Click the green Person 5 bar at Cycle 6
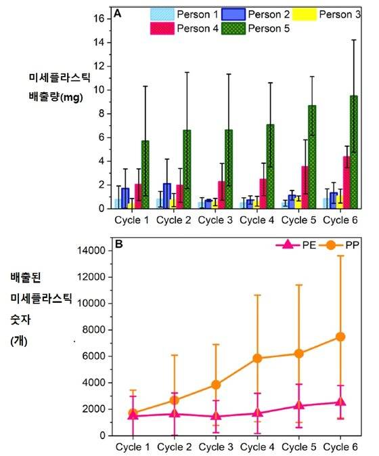353,152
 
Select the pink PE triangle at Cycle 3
216,417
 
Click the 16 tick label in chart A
97,18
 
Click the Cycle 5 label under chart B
298,447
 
